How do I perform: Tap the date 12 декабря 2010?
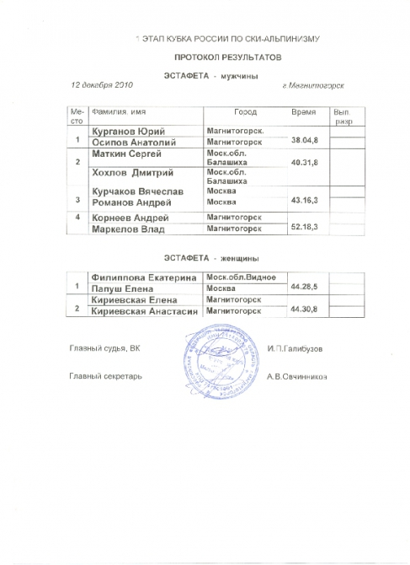point(102,86)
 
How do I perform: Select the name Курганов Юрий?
point(128,131)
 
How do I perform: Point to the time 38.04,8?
point(304,138)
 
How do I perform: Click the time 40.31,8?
point(304,161)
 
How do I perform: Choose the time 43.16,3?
point(304,199)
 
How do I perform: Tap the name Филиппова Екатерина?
point(142,277)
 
